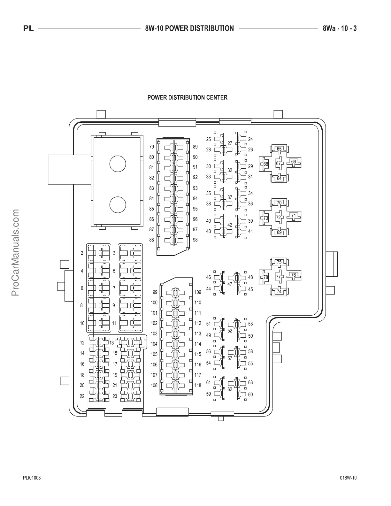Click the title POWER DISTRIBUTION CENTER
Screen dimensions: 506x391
[187, 97]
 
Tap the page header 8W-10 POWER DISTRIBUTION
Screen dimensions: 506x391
[189, 28]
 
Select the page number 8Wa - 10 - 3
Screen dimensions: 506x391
[340, 28]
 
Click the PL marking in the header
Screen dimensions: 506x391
[28, 29]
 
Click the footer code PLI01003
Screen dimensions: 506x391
[32, 478]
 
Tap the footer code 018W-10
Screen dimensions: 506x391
[348, 478]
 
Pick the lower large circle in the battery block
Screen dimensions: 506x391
[118, 205]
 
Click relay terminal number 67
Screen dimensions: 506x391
[279, 164]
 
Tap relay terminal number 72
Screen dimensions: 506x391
[279, 218]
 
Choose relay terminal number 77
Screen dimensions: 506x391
[279, 277]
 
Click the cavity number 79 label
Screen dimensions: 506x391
[151, 147]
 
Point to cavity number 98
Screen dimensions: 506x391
[195, 240]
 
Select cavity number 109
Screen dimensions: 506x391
[198, 292]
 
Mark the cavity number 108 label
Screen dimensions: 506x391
[154, 385]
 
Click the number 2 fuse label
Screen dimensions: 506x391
[82, 253]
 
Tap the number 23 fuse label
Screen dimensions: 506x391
[115, 396]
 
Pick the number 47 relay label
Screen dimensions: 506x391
[230, 284]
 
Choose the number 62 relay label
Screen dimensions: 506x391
[230, 389]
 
